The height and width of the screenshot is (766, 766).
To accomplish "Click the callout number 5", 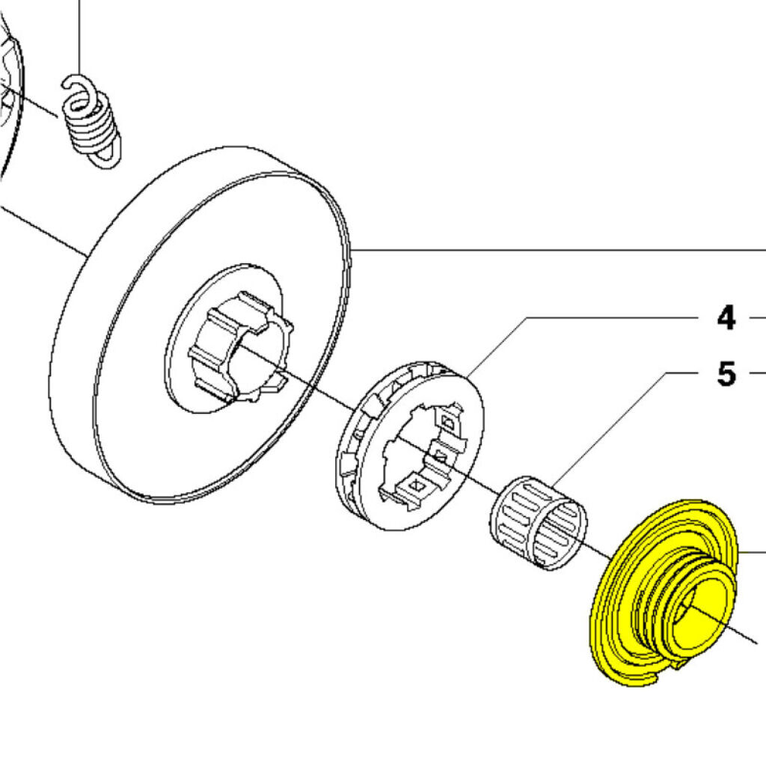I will pos(725,373).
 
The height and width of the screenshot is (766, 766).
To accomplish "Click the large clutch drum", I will pos(202,322).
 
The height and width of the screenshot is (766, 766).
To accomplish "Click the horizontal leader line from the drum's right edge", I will pos(561,249).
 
